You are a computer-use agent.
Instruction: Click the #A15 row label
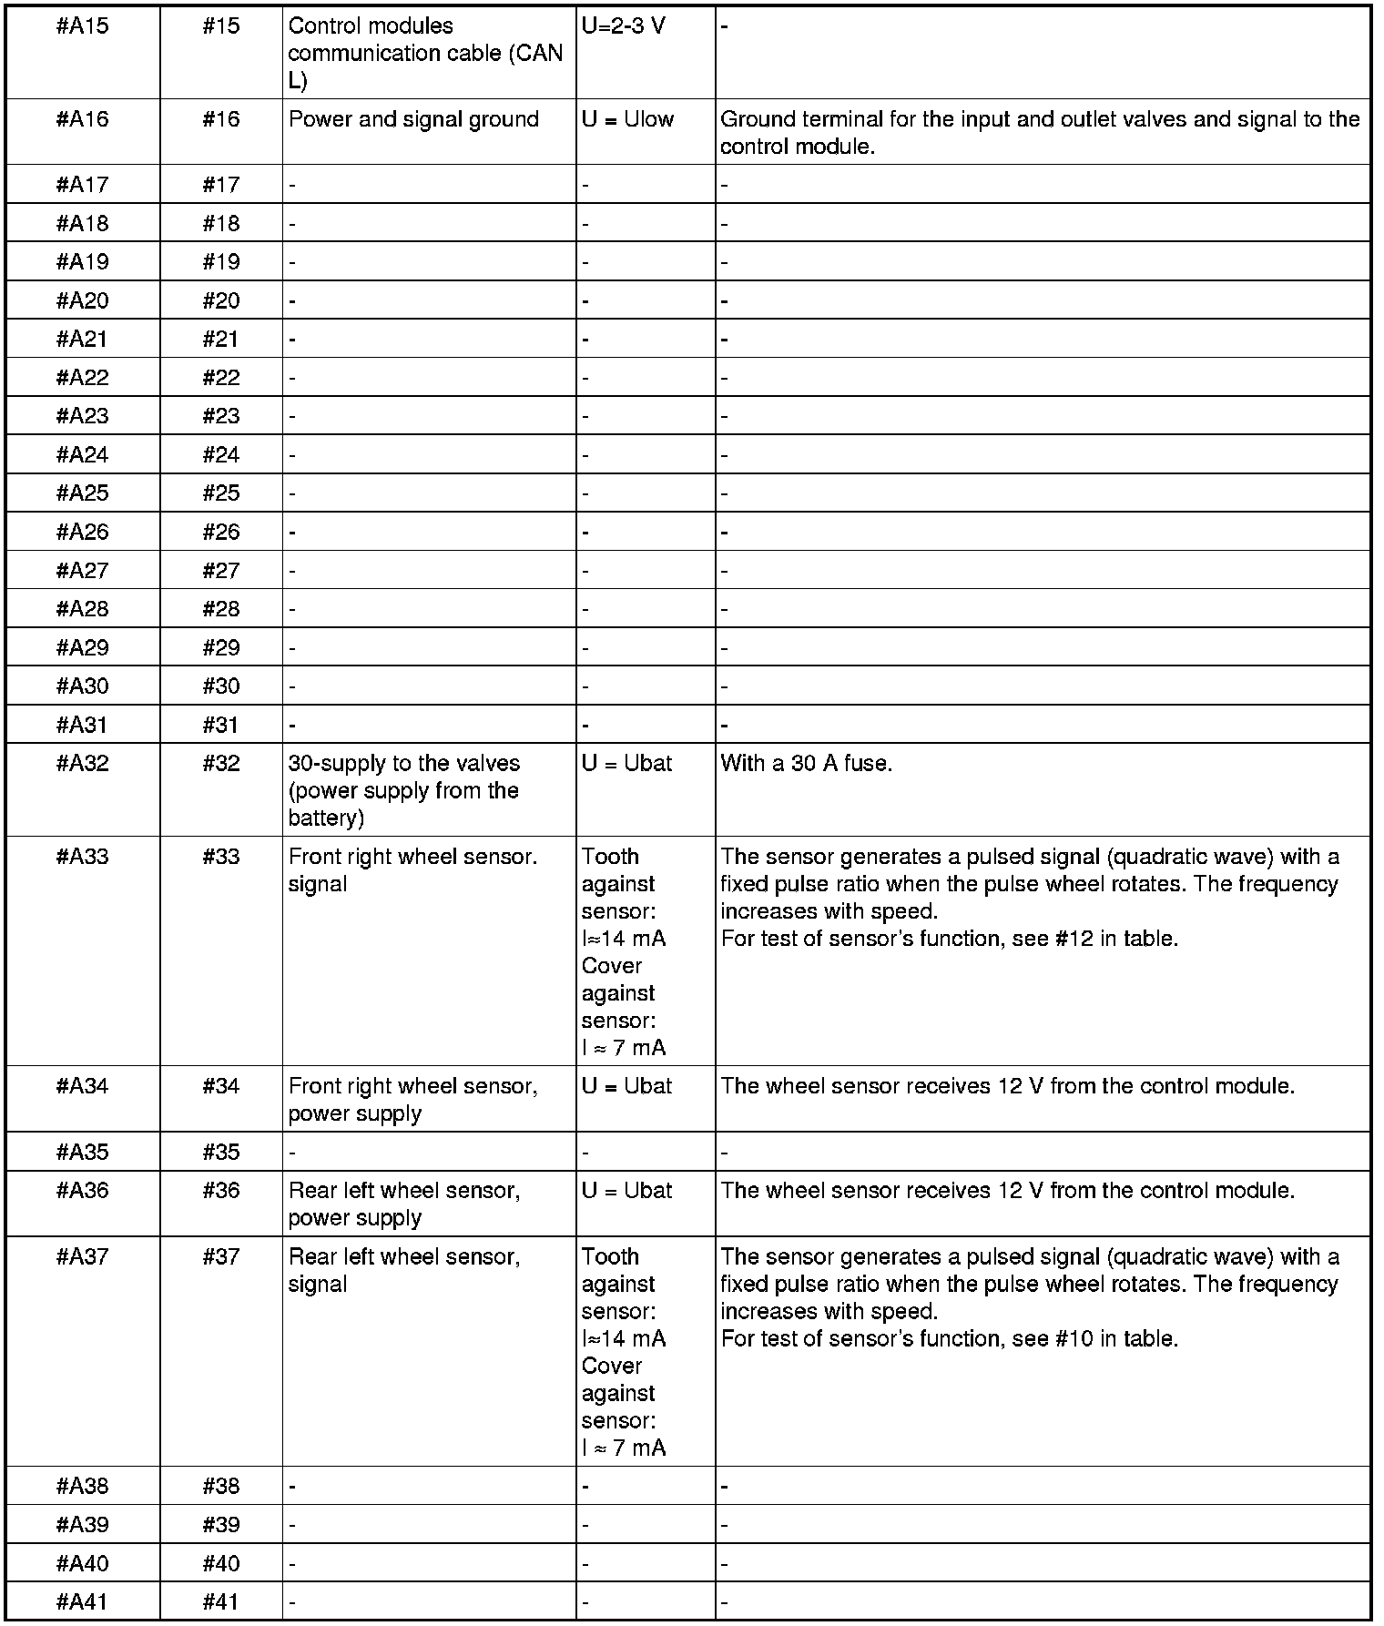pos(82,26)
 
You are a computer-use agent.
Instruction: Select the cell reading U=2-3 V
pos(624,26)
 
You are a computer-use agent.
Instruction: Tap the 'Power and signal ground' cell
pos(413,120)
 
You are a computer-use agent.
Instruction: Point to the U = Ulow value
pos(627,120)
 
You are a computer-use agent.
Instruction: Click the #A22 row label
pos(82,378)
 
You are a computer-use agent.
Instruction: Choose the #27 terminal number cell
pos(221,571)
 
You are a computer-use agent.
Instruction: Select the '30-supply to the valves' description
pos(403,790)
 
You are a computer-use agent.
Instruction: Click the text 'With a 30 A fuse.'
pos(806,764)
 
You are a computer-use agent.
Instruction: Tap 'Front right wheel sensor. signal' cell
pos(412,870)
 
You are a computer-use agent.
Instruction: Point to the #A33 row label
pos(82,858)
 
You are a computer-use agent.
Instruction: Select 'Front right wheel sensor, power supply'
pos(412,1100)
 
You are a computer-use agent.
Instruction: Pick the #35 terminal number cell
pos(221,1153)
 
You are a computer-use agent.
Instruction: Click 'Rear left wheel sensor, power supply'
pos(404,1204)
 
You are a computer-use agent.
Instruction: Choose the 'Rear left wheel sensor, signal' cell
pos(404,1270)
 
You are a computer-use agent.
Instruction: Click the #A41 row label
pos(82,1602)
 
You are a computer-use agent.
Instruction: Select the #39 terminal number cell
pos(221,1525)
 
